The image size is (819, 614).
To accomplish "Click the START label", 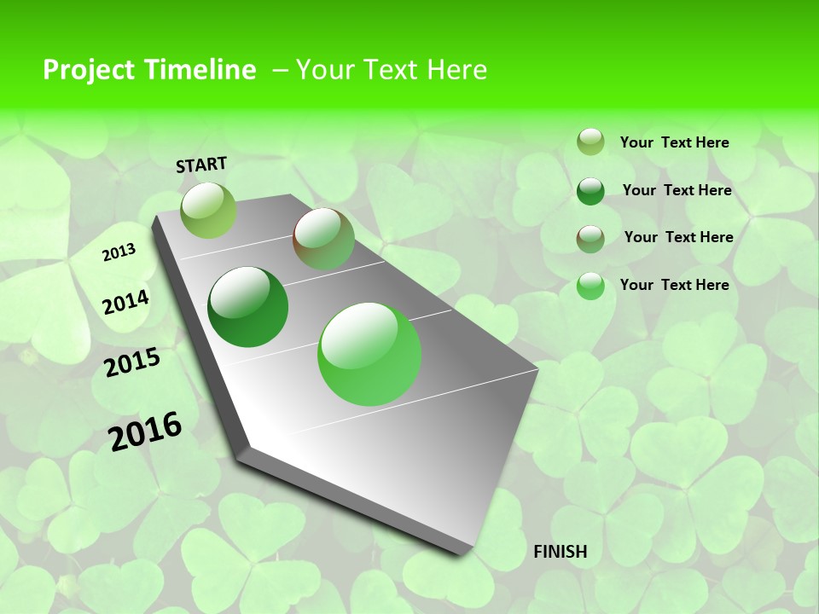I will coord(201,165).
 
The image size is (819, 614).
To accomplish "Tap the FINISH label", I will coord(560,552).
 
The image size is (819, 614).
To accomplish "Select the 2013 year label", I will coord(119,252).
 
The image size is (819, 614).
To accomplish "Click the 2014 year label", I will coord(125,303).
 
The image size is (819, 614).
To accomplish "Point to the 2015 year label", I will coord(132,362).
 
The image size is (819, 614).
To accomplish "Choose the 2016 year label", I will coord(145,432).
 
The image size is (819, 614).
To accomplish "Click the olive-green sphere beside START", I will coord(208,210).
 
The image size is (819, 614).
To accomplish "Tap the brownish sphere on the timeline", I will coord(323,239).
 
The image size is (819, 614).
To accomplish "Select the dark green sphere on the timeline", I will coord(248,307).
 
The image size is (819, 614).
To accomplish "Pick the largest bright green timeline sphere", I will coord(369,354).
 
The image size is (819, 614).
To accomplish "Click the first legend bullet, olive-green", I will coord(590,142).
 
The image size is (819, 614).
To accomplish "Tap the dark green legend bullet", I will coord(590,191).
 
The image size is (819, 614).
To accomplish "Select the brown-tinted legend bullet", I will coord(590,239).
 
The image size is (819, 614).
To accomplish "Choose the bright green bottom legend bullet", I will coord(590,286).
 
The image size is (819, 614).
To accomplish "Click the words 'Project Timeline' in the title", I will coord(149,70).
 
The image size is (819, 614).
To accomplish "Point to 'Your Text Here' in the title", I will coord(392,70).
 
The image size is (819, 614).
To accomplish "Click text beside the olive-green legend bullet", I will coord(674,143).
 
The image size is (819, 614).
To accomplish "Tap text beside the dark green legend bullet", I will coord(677,190).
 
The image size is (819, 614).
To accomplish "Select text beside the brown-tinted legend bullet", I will coord(678,237).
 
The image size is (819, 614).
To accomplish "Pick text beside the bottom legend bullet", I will coord(674,285).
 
